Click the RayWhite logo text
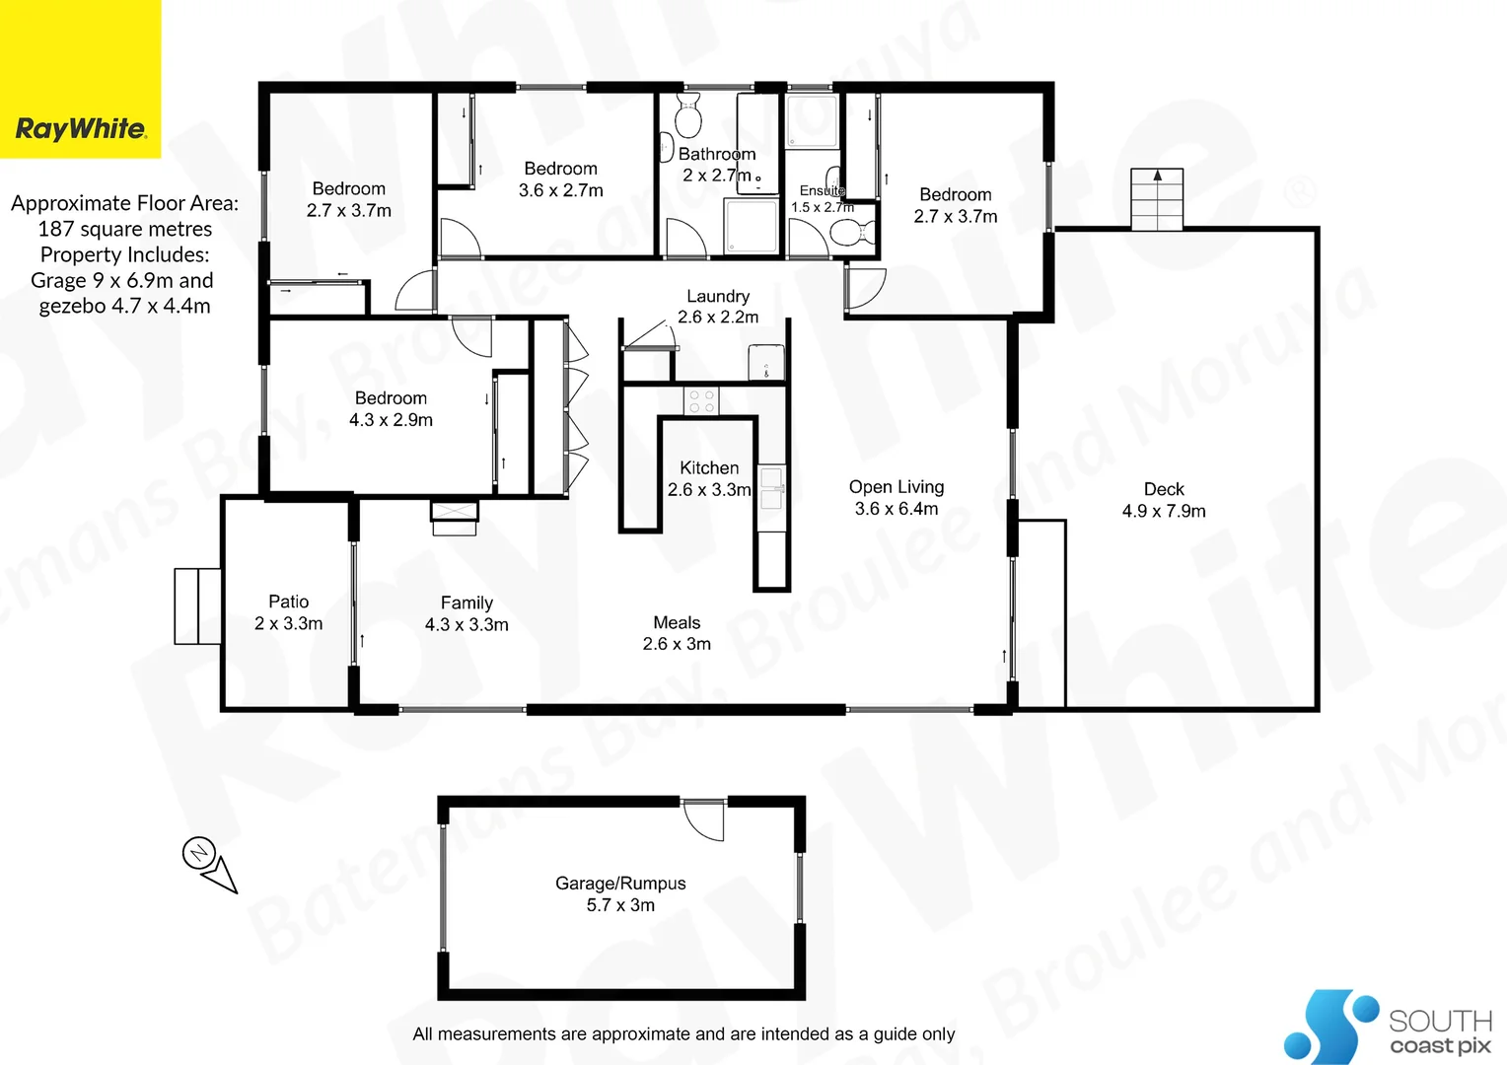point(81,128)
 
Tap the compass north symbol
point(200,852)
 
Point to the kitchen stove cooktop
point(701,400)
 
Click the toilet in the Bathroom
point(688,117)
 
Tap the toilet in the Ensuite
point(847,233)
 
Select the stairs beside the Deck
point(1157,199)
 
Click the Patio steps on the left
point(197,605)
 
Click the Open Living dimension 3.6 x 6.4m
point(897,509)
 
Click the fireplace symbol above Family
point(455,516)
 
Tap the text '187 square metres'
point(125,229)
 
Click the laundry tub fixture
point(766,362)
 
